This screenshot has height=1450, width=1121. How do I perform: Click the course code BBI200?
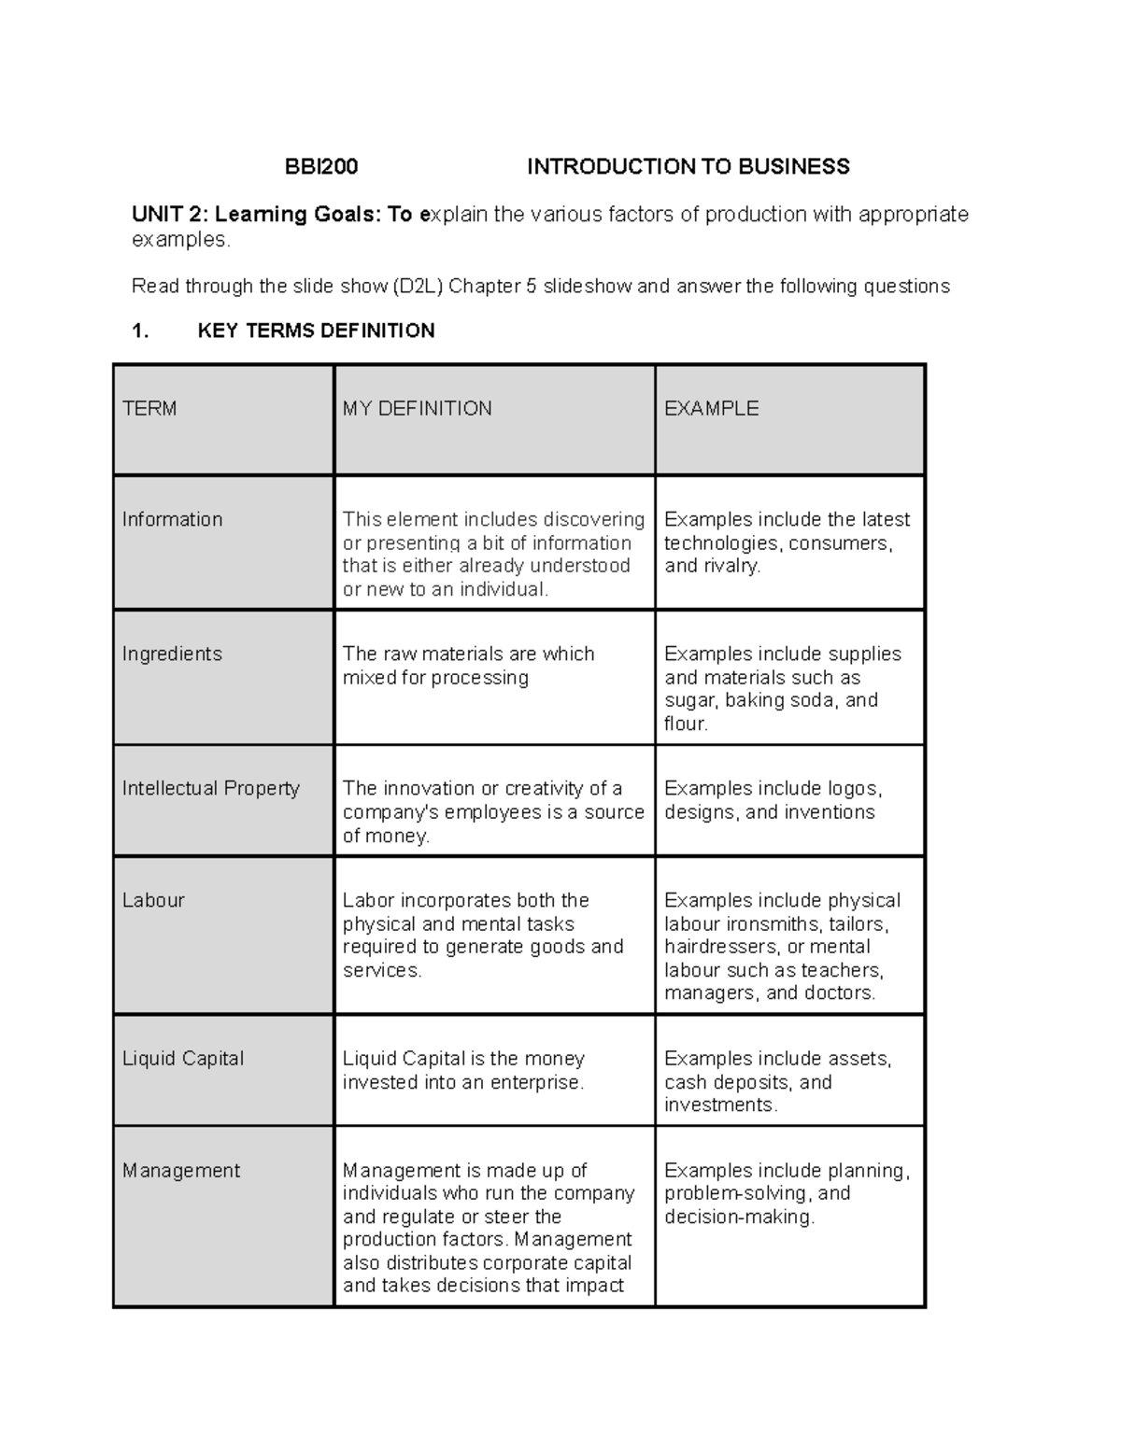tap(321, 167)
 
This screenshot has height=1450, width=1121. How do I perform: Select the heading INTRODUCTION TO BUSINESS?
tap(688, 167)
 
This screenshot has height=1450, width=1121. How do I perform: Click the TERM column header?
tap(149, 408)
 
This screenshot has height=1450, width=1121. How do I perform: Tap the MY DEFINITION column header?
tap(417, 408)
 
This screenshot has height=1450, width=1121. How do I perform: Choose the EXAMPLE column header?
tap(711, 408)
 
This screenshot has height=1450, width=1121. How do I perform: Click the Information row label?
tap(172, 519)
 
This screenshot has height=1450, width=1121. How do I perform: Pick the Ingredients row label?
tap(172, 654)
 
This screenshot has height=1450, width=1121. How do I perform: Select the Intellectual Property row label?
tap(210, 788)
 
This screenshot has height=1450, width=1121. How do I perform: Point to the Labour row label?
tap(153, 900)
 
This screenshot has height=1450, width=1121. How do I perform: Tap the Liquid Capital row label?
tap(183, 1059)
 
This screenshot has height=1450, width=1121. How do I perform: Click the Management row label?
tap(181, 1171)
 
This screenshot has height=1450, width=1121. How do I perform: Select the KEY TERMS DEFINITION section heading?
tap(316, 331)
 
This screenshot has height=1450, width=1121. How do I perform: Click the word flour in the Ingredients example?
tap(685, 724)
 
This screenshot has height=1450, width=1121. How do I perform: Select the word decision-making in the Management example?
tap(739, 1217)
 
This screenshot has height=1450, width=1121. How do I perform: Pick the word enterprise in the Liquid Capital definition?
tap(540, 1082)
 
